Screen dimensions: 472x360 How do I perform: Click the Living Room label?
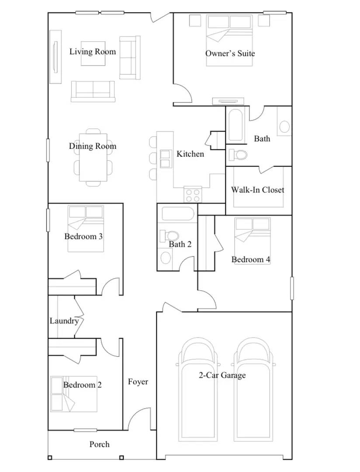pyautogui.click(x=93, y=52)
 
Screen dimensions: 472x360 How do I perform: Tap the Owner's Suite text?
pyautogui.click(x=230, y=53)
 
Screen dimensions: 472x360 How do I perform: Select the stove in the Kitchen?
pyautogui.click(x=193, y=194)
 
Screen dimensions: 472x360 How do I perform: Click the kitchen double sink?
pyautogui.click(x=166, y=159)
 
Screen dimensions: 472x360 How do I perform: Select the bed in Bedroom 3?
pyautogui.click(x=86, y=229)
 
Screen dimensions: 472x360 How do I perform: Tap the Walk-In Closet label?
pyautogui.click(x=257, y=190)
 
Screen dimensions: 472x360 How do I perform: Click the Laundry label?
pyautogui.click(x=64, y=321)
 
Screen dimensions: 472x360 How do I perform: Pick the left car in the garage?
pyautogui.click(x=199, y=389)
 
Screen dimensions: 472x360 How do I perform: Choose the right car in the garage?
pyautogui.click(x=255, y=389)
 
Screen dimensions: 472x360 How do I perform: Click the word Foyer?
pyautogui.click(x=138, y=382)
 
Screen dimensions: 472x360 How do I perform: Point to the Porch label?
pyautogui.click(x=100, y=444)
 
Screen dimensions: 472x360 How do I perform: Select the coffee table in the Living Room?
pyautogui.click(x=93, y=58)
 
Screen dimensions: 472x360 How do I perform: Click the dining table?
pyautogui.click(x=93, y=157)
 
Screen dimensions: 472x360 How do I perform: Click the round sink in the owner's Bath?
pyautogui.click(x=284, y=127)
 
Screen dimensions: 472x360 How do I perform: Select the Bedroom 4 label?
pyautogui.click(x=251, y=260)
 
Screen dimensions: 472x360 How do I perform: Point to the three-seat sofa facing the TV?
pyautogui.click(x=93, y=91)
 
